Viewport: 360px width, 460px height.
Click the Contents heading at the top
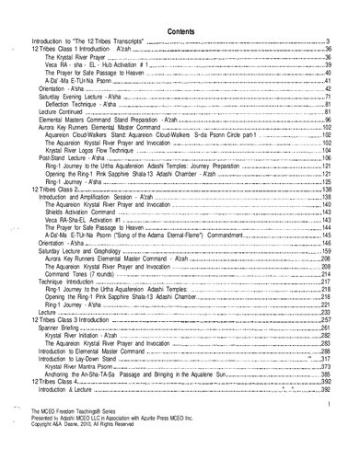point(180,29)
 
